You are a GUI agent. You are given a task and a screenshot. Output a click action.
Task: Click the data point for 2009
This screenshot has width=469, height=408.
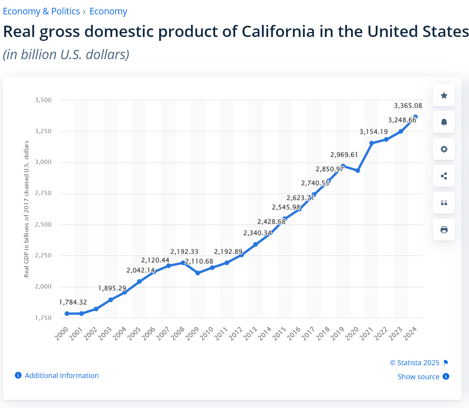tap(198, 273)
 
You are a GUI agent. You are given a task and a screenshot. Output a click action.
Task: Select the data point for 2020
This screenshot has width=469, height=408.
tap(358, 171)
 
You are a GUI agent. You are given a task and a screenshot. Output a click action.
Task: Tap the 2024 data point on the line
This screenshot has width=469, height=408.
tap(415, 117)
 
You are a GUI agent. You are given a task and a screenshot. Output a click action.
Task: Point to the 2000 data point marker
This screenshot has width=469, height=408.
tap(67, 313)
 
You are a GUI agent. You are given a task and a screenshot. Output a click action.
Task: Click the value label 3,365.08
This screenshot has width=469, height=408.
tap(408, 106)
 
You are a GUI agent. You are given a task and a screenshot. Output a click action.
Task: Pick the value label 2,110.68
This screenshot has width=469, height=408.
tap(199, 261)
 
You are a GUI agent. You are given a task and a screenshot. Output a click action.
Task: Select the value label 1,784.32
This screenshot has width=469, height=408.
tap(73, 302)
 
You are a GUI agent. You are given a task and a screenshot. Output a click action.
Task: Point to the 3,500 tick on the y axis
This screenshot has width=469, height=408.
tap(43, 100)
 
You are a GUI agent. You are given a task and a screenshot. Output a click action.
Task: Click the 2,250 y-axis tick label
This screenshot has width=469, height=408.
tap(43, 255)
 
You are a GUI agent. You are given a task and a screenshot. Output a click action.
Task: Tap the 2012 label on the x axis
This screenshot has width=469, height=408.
tap(236, 334)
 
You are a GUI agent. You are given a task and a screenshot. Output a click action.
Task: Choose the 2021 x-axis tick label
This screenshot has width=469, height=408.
tap(367, 334)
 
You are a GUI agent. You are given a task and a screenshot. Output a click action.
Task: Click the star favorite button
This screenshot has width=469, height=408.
tap(444, 95)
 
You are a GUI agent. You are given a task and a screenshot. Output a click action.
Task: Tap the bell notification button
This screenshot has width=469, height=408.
tap(444, 122)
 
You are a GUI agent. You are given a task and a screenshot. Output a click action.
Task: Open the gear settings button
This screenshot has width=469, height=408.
tap(444, 149)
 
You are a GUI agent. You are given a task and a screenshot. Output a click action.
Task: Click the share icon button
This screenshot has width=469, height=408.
tap(444, 176)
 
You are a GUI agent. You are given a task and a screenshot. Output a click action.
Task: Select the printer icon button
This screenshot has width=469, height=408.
tap(444, 230)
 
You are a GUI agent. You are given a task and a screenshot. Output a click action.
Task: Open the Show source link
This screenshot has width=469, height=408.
tap(418, 376)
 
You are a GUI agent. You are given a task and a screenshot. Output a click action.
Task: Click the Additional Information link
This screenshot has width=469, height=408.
tap(61, 375)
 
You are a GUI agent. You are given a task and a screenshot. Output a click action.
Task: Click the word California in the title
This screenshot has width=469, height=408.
tap(278, 32)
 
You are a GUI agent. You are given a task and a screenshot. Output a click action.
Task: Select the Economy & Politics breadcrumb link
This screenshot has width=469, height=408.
tap(41, 11)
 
